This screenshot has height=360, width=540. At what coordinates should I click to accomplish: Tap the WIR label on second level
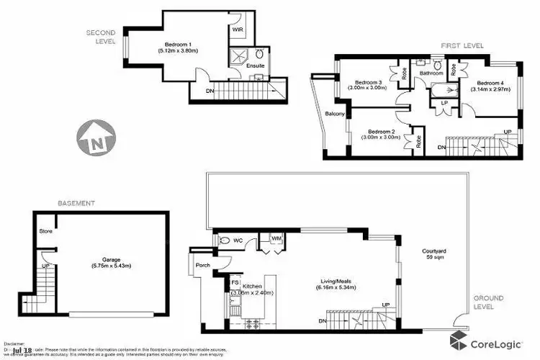pos(238,30)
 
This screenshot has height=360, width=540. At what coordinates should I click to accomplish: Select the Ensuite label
pos(256,66)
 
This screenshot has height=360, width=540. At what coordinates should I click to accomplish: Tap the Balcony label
pos(335,114)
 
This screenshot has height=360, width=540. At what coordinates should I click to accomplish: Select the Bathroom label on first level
pos(431,73)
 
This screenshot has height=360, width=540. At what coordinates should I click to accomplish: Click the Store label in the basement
pos(45,232)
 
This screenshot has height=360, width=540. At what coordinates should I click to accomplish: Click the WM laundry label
pos(275,238)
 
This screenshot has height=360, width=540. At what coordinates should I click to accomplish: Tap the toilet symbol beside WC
pos(222,241)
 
